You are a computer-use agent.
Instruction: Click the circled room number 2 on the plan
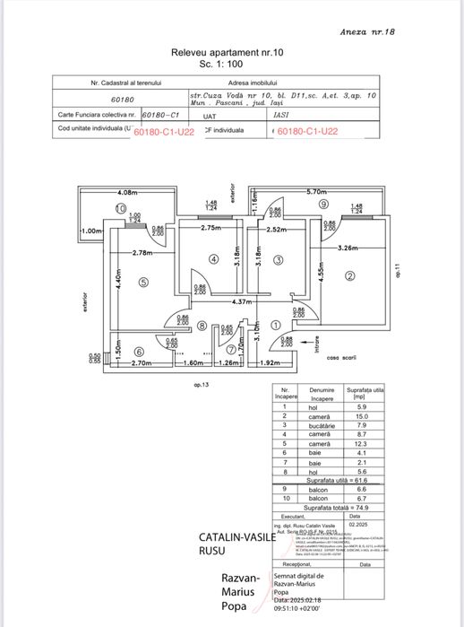[350, 275]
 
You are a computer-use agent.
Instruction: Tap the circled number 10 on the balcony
[120, 207]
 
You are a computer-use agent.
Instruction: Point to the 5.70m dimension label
[316, 192]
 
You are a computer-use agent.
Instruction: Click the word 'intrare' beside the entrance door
[311, 339]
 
